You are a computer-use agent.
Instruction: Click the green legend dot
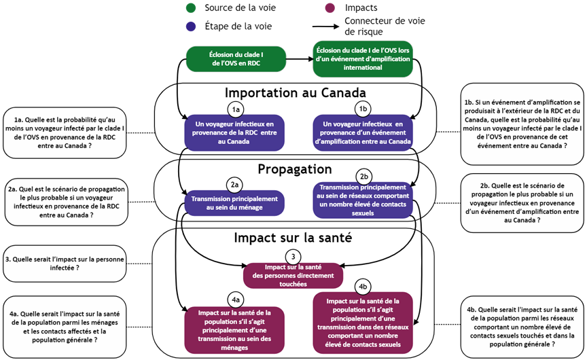click(x=191, y=8)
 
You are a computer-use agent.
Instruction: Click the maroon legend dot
click(x=330, y=8)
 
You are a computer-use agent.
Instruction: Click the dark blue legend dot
click(x=191, y=26)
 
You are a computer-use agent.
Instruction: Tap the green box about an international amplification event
click(x=362, y=58)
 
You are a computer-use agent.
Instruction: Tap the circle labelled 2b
click(x=363, y=176)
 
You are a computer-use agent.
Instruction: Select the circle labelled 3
click(x=293, y=257)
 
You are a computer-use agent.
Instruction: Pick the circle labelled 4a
click(x=235, y=300)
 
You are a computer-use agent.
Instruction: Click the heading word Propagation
click(x=294, y=169)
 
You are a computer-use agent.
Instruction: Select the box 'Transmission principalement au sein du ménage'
click(x=233, y=203)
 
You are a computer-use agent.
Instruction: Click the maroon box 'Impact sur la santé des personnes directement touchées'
click(x=293, y=275)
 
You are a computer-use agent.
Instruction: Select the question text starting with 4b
click(x=521, y=326)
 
